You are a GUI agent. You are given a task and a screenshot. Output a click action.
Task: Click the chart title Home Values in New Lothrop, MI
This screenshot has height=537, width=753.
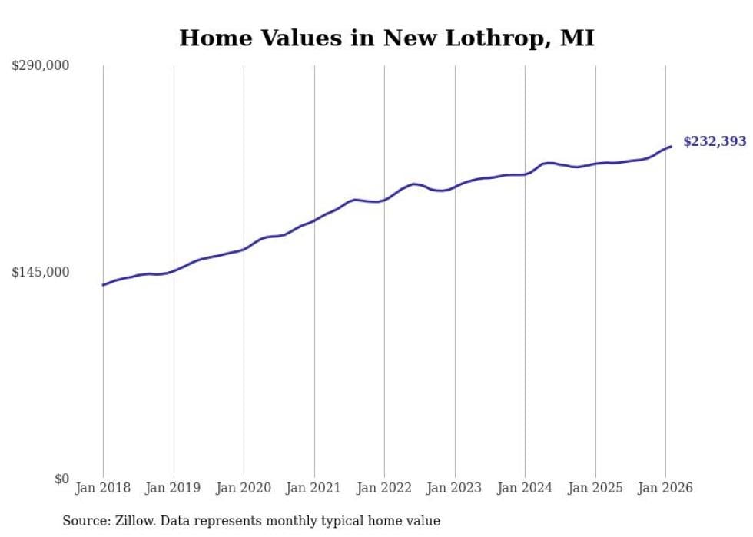point(386,38)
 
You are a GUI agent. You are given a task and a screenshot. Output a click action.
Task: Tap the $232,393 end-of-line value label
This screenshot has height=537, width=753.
point(715,141)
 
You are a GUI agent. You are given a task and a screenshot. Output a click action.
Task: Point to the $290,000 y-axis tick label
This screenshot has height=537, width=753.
point(41,66)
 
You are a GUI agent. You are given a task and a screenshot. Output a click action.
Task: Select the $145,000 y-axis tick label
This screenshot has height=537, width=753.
point(41,272)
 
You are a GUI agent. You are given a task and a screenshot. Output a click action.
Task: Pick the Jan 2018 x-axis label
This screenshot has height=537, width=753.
point(103,488)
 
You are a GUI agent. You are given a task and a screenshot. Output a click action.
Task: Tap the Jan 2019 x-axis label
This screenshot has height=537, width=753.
point(174,488)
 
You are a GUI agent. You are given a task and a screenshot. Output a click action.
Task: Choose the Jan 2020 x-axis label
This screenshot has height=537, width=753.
point(244,488)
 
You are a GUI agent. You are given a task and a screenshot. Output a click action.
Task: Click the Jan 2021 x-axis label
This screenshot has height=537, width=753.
point(314,488)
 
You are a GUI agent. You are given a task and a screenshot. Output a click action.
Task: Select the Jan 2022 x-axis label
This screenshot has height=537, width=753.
point(384,488)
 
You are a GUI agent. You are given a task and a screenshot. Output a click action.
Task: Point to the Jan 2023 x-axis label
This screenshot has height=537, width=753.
point(455,488)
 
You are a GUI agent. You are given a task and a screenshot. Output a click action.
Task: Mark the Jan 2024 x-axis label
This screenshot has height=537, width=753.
point(525,488)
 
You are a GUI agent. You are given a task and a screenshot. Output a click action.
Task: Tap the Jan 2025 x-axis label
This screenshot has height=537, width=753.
point(595,488)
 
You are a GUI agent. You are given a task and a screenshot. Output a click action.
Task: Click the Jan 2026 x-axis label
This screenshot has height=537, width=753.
point(665,488)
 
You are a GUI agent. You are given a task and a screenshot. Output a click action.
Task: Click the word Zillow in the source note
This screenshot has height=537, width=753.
point(134,521)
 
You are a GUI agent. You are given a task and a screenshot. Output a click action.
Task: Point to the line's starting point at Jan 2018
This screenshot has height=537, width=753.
point(103,285)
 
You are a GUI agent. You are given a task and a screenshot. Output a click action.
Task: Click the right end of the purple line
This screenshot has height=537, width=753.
point(671,146)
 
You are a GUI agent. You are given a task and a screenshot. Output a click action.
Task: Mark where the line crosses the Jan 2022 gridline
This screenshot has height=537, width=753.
point(384,200)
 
